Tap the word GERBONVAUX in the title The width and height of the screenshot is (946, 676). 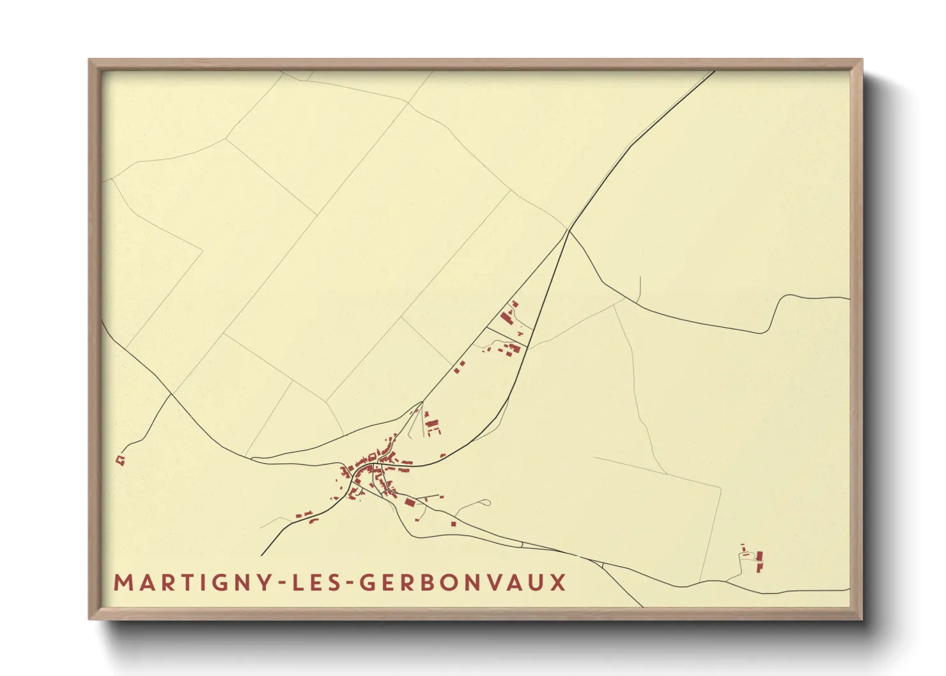pos(463,583)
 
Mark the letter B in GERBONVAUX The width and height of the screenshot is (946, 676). pos(432,583)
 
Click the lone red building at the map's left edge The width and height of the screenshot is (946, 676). pos(119,459)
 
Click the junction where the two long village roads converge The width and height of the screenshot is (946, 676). pos(568,230)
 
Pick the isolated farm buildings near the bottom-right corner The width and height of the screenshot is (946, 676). pos(758,560)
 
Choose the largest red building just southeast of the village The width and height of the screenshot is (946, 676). pos(410,503)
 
